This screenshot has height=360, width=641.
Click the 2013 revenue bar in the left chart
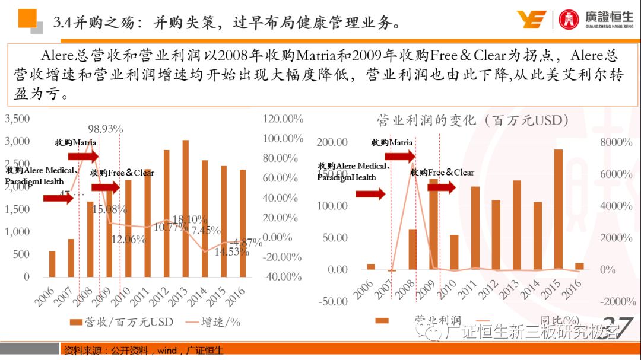185,208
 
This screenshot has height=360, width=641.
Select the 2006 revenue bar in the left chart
52,264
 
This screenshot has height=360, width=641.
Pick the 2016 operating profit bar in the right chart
579,266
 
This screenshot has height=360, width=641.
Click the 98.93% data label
105,129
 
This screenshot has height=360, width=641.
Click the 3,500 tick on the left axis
17,119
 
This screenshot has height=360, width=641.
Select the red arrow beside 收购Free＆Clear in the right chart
441,187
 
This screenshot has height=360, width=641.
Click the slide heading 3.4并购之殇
226,23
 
